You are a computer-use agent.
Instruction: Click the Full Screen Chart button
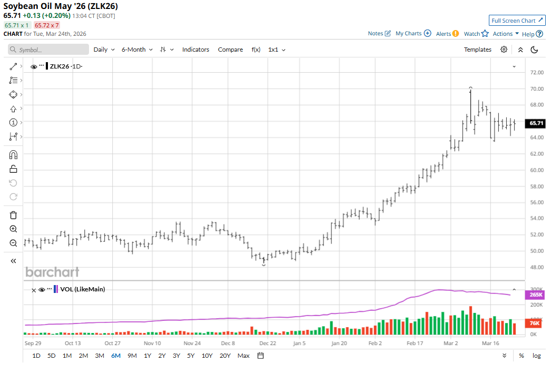[516, 21]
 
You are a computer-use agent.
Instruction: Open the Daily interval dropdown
[104, 50]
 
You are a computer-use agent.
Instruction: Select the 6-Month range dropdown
[137, 50]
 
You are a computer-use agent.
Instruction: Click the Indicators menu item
[195, 50]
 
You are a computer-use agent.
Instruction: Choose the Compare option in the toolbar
[230, 50]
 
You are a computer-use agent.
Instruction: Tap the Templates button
[477, 50]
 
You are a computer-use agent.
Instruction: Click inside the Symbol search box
[48, 50]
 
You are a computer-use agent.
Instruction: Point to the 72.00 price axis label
[536, 73]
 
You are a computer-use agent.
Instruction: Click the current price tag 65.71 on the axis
[536, 123]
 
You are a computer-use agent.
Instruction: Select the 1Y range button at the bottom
[147, 356]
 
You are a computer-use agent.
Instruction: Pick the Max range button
[243, 356]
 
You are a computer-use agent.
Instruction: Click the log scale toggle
[536, 356]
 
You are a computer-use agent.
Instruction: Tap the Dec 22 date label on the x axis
[268, 343]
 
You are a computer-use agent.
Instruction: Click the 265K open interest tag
[535, 295]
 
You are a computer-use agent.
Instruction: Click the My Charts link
[413, 33]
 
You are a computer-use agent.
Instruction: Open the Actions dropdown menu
[506, 34]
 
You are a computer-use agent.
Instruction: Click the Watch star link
[476, 34]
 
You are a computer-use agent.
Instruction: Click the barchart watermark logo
[52, 272]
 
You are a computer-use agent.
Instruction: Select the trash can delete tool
[14, 215]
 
